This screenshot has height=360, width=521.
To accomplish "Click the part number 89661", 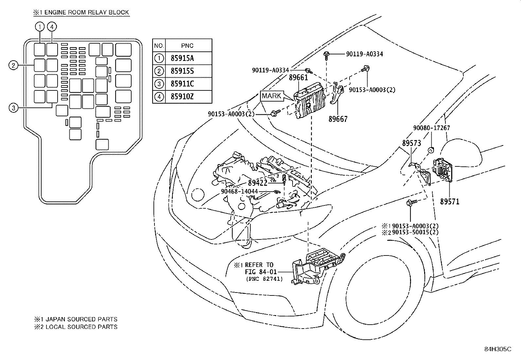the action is (298, 78).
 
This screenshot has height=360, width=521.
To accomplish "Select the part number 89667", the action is (338, 119).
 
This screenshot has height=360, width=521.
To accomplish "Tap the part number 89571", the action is (450, 201).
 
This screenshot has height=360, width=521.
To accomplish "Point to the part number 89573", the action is (412, 143).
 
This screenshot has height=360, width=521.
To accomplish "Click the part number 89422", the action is (258, 183).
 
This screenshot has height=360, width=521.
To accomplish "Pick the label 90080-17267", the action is (432, 128).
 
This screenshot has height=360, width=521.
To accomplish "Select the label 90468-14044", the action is (239, 191).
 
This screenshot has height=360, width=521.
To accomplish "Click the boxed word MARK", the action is (271, 96).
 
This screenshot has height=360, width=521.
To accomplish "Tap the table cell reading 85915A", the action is (182, 58).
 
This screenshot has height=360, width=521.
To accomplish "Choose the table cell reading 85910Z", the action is (182, 96).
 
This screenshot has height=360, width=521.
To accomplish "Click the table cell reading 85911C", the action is (182, 84).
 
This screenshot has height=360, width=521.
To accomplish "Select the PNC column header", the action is (187, 46).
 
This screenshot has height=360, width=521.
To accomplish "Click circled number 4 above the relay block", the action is (52, 27).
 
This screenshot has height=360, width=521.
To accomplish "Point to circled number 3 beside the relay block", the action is (13, 108).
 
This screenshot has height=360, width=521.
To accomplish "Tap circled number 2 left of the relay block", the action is (13, 66).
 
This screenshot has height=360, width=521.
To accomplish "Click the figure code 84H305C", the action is (498, 349).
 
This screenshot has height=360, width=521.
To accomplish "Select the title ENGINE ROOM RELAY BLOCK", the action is (86, 12).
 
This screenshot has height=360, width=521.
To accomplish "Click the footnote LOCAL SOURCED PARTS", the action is (81, 327).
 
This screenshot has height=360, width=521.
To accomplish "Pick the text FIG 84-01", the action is (261, 272).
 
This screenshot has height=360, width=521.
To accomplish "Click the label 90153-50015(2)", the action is (415, 232).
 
